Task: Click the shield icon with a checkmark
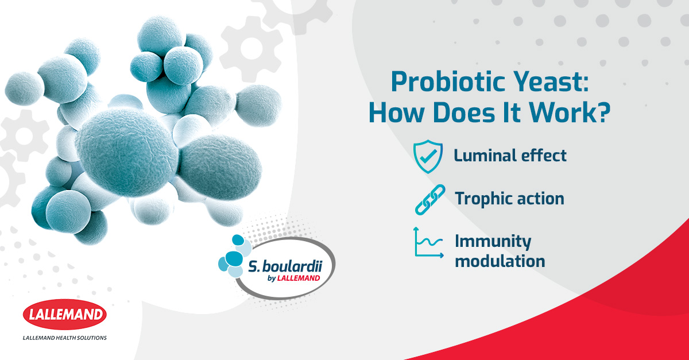[x=428, y=156]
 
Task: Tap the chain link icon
[x=430, y=200]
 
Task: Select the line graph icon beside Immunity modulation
[x=428, y=242]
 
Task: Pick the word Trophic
[x=483, y=199]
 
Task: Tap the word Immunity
[x=493, y=242]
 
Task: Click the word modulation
[x=500, y=261]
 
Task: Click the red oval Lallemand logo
[x=64, y=315]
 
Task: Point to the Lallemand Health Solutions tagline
[x=64, y=338]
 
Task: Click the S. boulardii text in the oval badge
[x=285, y=266]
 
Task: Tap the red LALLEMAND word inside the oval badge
[x=299, y=278]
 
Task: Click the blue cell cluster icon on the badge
[x=235, y=256]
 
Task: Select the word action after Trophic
[x=541, y=199]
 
